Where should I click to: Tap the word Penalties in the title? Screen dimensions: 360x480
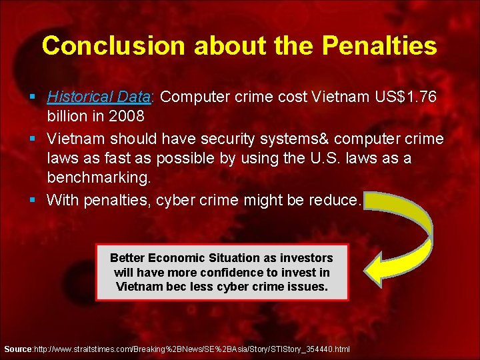(380, 45)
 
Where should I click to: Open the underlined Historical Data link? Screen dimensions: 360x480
(100, 97)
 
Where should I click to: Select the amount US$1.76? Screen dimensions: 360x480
(402, 97)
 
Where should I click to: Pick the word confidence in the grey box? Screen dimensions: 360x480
(229, 273)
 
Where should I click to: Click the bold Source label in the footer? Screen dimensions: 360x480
(17, 349)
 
